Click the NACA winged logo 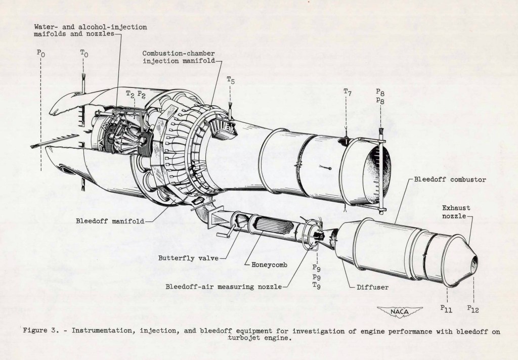pyautogui.click(x=400, y=311)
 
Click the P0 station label pyautogui.click(x=40, y=52)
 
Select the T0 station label pyautogui.click(x=84, y=52)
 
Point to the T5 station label pyautogui.click(x=231, y=80)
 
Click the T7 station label pyautogui.click(x=347, y=92)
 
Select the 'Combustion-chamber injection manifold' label pyautogui.click(x=178, y=57)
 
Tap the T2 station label pyautogui.click(x=129, y=94)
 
